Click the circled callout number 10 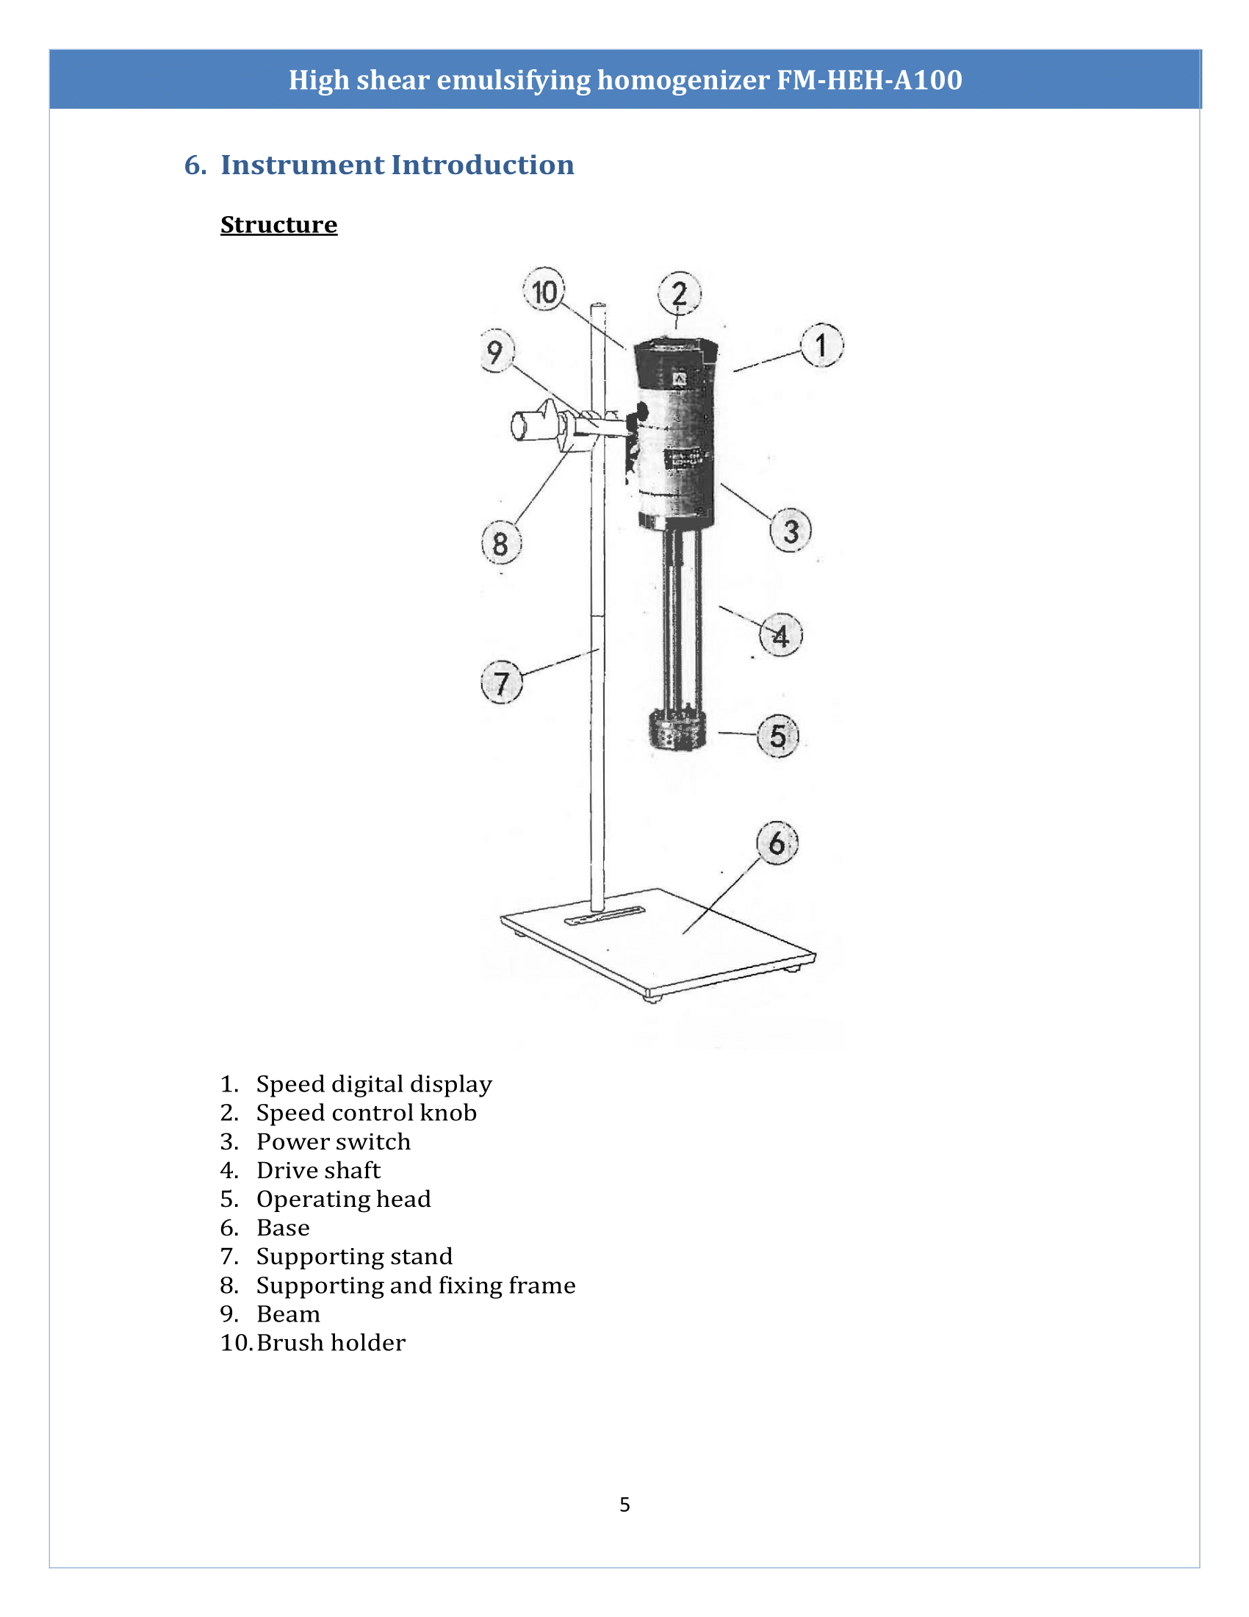544,291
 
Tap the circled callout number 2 679,294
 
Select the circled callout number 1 821,345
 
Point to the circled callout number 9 497,351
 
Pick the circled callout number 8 501,543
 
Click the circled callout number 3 791,531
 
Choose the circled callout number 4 780,635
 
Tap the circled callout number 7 502,683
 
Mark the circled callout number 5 777,736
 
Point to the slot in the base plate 605,916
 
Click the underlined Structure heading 279,224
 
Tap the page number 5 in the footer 624,1504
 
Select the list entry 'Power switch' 333,1141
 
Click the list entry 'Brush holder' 331,1342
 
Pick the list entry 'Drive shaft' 318,1170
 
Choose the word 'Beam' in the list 288,1313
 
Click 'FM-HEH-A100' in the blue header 869,80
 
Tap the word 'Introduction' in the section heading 483,165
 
